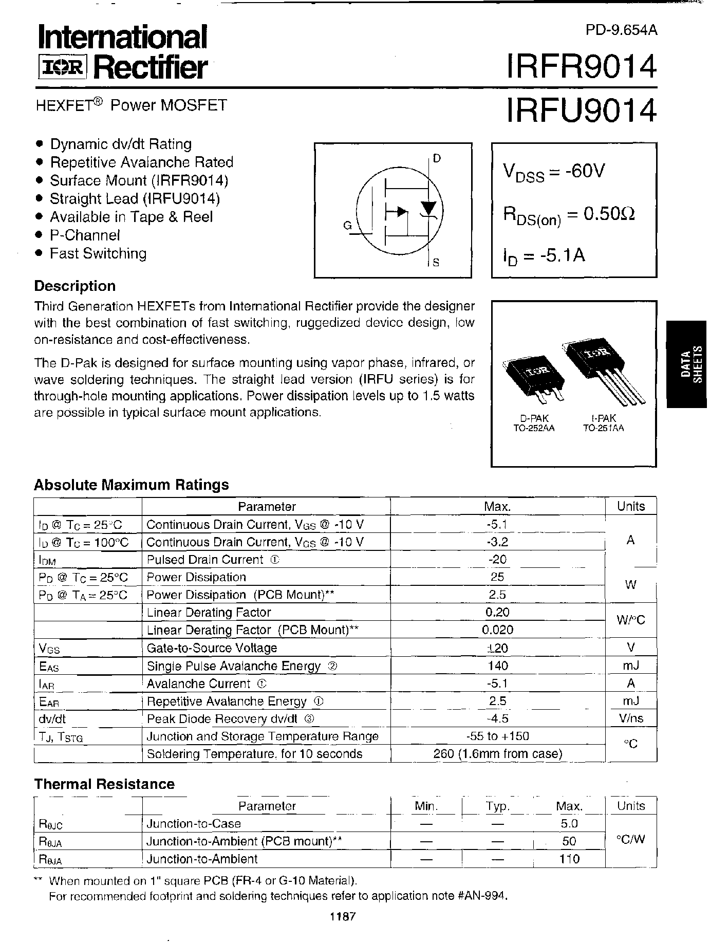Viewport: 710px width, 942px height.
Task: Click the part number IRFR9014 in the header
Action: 581,67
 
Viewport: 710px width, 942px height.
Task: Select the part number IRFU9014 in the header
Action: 581,110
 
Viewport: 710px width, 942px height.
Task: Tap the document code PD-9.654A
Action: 621,30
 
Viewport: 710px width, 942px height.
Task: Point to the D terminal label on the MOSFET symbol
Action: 437,158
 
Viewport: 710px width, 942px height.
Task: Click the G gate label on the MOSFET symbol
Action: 347,225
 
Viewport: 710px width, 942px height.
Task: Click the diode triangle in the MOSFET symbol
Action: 428,208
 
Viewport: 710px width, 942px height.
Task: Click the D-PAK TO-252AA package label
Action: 534,423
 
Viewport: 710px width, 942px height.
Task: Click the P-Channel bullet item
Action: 85,235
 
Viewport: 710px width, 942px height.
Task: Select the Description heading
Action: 75,286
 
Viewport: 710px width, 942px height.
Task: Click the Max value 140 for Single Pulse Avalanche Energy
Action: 497,666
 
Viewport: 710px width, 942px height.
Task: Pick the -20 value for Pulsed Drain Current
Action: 497,560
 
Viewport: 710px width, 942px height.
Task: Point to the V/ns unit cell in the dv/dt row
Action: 631,719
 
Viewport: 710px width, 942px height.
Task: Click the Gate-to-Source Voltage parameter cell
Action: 212,648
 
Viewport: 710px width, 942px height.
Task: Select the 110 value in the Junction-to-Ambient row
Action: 569,859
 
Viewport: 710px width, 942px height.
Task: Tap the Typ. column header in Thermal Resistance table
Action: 497,806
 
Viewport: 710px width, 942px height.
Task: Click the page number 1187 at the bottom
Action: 343,916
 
